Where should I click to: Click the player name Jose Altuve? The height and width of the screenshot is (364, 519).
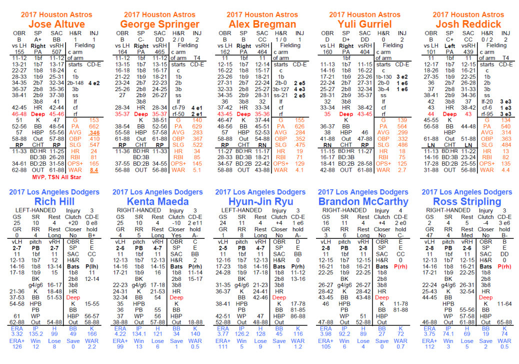[x=56, y=24]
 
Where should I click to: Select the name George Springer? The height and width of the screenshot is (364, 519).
[x=159, y=24]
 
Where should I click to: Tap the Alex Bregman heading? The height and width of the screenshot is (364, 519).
[x=262, y=24]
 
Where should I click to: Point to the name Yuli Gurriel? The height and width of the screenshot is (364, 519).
[x=364, y=24]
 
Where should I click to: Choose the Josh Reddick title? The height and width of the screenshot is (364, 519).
[x=468, y=24]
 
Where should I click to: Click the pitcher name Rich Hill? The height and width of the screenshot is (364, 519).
[x=54, y=202]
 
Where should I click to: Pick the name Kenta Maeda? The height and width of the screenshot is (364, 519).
[x=157, y=202]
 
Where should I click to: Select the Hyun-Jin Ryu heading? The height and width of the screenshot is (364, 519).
[x=261, y=202]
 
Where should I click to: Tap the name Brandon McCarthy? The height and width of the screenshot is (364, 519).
[x=363, y=202]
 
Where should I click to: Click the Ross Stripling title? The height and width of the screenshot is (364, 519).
[x=467, y=202]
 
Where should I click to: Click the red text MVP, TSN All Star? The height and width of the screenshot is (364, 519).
[x=56, y=177]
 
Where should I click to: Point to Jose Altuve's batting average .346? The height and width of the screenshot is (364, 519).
[x=94, y=133]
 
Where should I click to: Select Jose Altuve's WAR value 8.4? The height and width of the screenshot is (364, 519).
[x=94, y=170]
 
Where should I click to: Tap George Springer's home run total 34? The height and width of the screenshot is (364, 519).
[x=197, y=151]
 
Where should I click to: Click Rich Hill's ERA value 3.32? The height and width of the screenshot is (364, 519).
[x=17, y=334]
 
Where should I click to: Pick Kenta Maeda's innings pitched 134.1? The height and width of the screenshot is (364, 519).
[x=139, y=334]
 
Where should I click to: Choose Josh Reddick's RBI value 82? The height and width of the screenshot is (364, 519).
[x=505, y=158]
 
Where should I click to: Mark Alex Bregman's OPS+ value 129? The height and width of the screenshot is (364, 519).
[x=299, y=163]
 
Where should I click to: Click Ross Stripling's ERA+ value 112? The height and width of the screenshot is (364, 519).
[x=429, y=346]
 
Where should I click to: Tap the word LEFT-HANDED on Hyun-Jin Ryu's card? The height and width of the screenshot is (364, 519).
[x=241, y=210]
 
